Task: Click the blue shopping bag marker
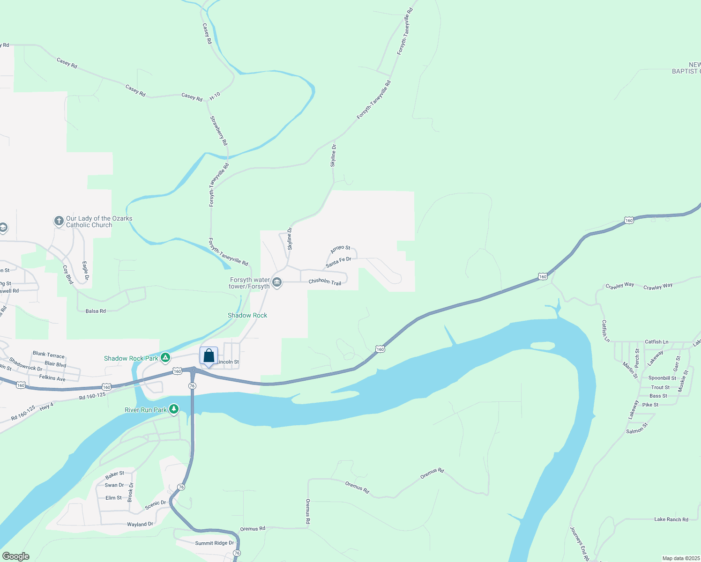(x=209, y=356)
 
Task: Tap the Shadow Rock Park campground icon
(x=165, y=358)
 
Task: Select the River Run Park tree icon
(x=174, y=410)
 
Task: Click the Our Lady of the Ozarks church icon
(x=59, y=221)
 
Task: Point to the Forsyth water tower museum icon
(x=277, y=282)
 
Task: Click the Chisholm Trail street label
(x=325, y=281)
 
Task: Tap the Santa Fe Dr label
(x=338, y=262)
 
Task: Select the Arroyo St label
(x=340, y=249)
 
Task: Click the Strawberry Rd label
(x=219, y=131)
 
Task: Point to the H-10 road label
(x=215, y=96)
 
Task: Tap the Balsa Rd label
(x=96, y=311)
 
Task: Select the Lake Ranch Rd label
(x=671, y=519)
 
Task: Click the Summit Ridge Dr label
(x=214, y=543)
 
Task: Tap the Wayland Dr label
(x=140, y=525)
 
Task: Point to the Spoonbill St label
(x=662, y=378)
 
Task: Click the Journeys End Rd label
(x=579, y=544)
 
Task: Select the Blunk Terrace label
(x=49, y=355)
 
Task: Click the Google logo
(x=16, y=556)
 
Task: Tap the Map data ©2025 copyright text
(x=681, y=558)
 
